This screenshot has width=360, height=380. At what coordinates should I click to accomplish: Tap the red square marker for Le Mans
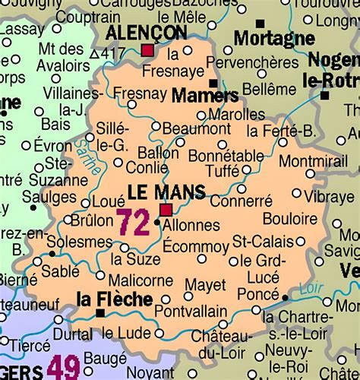pos(165,209)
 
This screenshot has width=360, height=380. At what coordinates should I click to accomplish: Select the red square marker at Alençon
pos(147,51)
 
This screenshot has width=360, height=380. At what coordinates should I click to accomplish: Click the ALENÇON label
pos(146,32)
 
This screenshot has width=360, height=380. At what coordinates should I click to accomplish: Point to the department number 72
pos(133,223)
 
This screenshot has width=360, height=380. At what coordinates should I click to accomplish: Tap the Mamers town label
pos(205,96)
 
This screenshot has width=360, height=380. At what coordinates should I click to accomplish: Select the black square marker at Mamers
pos(213,84)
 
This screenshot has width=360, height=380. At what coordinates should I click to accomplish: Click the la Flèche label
pos(114,299)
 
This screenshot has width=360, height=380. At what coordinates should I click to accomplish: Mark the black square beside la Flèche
pos(99,312)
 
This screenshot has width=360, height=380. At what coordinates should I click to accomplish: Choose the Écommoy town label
pos(195,245)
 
